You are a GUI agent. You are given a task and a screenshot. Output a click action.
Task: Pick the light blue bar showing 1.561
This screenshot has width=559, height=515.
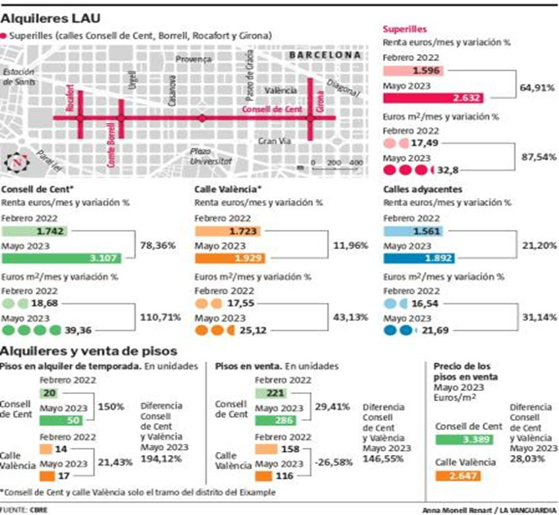tap(413, 231)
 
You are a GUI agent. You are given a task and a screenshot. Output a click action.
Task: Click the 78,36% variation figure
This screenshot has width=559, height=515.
tap(158, 245)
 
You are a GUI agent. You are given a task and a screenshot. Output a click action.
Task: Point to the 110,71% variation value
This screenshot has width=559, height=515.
tap(158, 316)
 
